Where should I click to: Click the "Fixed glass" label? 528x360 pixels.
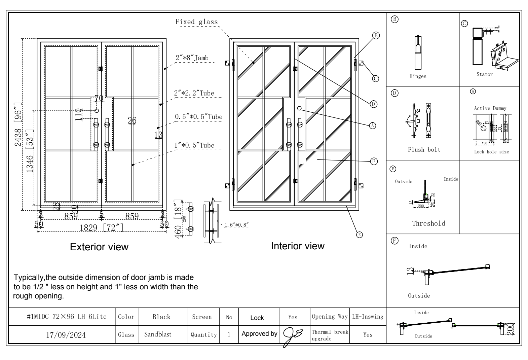[x=196, y=22]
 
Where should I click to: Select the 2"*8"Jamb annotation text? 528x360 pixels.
[x=192, y=58]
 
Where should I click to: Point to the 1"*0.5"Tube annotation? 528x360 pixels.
[x=194, y=145]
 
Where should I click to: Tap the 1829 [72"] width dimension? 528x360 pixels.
[x=101, y=228]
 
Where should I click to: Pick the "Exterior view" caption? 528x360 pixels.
[x=99, y=247]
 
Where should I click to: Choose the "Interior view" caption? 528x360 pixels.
[x=298, y=246]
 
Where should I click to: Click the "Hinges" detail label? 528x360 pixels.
[x=418, y=76]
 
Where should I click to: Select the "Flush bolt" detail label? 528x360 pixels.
[x=424, y=150]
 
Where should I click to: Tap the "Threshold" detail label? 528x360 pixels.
[x=428, y=223]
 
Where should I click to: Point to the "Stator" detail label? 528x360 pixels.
[x=484, y=74]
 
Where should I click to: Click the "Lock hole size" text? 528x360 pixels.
[x=491, y=152]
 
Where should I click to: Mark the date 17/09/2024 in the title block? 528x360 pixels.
[x=66, y=335]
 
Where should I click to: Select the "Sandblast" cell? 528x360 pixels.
[x=158, y=334]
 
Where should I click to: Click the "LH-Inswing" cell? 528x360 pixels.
[x=368, y=317]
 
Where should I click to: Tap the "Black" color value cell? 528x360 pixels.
[x=161, y=317]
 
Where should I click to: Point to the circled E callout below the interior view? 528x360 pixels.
[x=359, y=235]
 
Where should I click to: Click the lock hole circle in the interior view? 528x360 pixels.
[x=299, y=108]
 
